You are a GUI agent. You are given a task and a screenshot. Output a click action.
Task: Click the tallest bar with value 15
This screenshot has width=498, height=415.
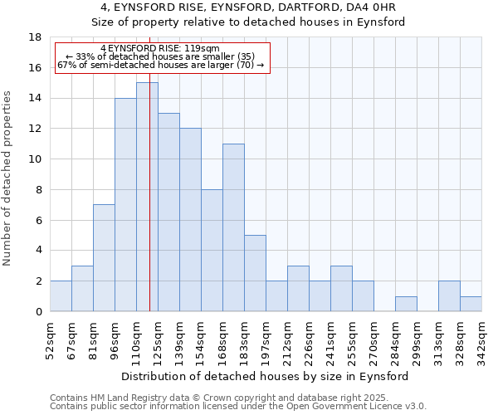(x=147, y=197)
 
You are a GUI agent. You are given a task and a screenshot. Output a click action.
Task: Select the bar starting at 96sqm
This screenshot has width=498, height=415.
(x=125, y=204)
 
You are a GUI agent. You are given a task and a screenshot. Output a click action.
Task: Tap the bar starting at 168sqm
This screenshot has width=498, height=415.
(x=233, y=227)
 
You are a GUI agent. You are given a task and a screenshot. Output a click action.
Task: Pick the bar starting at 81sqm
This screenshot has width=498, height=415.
(x=104, y=257)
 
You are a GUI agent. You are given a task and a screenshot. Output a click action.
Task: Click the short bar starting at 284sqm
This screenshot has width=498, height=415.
(x=406, y=304)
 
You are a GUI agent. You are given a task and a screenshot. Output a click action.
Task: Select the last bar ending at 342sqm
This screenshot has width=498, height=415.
(x=471, y=304)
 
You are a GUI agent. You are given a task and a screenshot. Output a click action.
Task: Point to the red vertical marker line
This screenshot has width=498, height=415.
(x=150, y=207)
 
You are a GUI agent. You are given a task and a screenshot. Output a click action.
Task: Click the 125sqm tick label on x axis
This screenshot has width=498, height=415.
(x=158, y=339)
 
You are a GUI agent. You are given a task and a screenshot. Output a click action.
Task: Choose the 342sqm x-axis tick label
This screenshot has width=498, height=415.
(x=481, y=339)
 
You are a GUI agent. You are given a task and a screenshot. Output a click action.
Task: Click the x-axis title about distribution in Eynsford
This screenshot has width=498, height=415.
(x=266, y=376)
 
